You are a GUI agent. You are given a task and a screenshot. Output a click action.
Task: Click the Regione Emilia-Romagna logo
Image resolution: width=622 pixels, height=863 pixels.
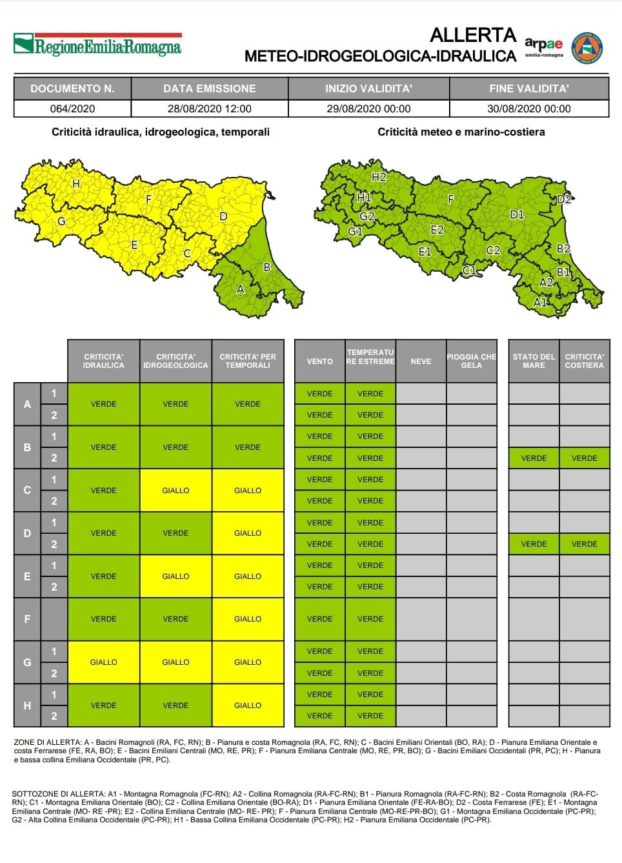98,45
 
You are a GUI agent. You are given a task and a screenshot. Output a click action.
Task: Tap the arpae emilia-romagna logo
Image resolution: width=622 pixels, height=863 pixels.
543,47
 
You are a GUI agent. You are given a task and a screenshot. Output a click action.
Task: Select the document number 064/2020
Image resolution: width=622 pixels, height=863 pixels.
72,108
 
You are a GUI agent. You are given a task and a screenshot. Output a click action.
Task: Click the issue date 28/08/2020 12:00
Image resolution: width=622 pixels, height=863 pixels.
209,108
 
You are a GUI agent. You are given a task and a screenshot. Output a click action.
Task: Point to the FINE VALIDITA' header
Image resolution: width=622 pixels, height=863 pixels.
528,88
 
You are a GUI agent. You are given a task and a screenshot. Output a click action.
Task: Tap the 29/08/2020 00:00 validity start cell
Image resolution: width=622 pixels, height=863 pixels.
368,108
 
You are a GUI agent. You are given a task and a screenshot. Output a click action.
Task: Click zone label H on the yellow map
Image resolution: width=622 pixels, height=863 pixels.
76,184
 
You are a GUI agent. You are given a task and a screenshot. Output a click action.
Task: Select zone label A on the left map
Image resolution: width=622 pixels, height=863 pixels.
241,289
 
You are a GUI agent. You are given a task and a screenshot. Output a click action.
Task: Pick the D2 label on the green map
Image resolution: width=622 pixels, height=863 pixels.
563,199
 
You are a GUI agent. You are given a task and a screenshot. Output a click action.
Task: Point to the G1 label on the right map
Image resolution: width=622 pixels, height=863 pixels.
355,231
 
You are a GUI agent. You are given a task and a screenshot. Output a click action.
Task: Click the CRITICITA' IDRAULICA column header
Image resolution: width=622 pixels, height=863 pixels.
103,361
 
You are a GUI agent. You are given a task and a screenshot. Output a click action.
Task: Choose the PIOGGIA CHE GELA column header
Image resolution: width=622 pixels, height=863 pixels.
471,361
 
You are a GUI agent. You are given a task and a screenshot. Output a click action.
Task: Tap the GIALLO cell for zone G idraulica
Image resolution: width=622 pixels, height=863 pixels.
103,662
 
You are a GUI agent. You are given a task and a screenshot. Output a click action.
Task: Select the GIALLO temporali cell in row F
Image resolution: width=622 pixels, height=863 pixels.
248,619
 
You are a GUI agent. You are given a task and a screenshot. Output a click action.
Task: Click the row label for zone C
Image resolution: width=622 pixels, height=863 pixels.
27,490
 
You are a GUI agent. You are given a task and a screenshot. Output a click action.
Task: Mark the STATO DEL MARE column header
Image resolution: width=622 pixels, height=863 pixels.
534,361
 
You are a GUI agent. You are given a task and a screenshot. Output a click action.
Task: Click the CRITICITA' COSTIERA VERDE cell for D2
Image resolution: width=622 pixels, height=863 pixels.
584,544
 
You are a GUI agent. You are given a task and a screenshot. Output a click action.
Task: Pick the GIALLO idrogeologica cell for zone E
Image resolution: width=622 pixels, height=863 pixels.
176,576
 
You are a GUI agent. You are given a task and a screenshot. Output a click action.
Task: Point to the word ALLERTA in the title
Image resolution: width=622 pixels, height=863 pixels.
473,35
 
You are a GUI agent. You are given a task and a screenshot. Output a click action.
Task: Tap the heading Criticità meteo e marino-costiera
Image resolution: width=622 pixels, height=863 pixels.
461,132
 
